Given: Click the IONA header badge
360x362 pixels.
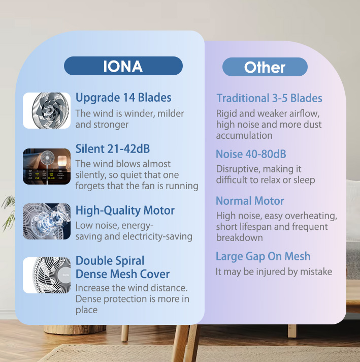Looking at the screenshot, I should point(123,66).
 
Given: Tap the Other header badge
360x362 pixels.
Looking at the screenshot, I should point(265,67).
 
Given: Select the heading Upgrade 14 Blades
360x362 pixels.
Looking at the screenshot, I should point(123,98).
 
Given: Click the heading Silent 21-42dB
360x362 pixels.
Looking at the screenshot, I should point(113,149).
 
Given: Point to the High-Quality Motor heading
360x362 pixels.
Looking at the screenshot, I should point(125,210).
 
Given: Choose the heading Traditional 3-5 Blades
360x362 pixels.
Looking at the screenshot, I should point(269,98).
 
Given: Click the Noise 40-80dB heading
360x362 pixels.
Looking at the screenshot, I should point(251,154).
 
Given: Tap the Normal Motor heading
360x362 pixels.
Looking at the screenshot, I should point(250,201).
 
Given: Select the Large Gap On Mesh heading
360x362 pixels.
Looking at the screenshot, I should point(263,257).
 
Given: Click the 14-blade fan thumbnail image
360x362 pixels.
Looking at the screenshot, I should point(47,110).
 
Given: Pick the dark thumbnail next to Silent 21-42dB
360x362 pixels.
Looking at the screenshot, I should point(47,166).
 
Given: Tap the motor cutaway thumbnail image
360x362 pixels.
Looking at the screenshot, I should point(47,221).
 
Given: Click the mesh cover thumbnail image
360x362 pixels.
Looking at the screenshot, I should point(47,275).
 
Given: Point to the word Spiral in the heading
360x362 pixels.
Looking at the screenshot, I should point(127,261).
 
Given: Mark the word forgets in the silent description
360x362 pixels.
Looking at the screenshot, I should point(91,186).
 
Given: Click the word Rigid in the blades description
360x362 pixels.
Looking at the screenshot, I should point(227,113).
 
